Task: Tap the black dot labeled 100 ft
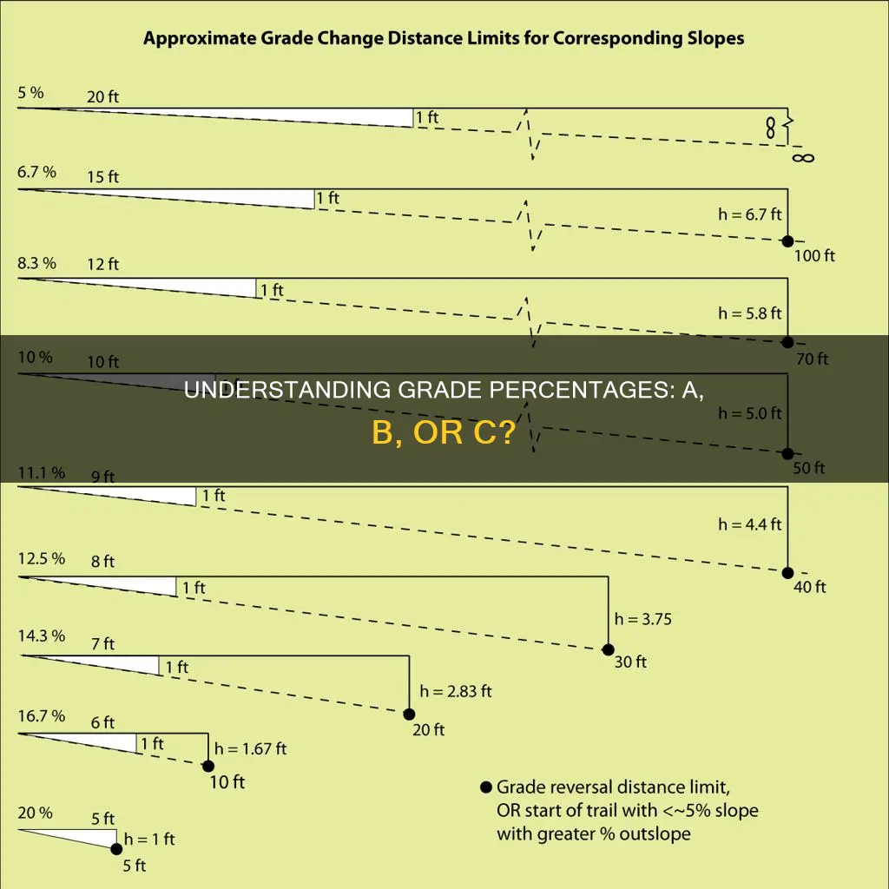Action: (x=787, y=241)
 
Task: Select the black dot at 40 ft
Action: (x=787, y=573)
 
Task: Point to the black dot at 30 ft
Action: (x=608, y=649)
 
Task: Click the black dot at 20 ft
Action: (x=409, y=714)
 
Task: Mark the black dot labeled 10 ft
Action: (x=208, y=766)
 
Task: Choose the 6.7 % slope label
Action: (x=36, y=172)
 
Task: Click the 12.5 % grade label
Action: (x=41, y=559)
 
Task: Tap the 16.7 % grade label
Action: (x=41, y=716)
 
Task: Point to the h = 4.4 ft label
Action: (x=748, y=524)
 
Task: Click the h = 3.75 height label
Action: (x=643, y=619)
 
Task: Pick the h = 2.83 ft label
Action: (x=456, y=691)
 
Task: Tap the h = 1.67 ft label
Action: (x=251, y=747)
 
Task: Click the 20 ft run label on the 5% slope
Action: (x=102, y=97)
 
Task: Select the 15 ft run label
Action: (x=102, y=177)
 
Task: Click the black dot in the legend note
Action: (x=485, y=787)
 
